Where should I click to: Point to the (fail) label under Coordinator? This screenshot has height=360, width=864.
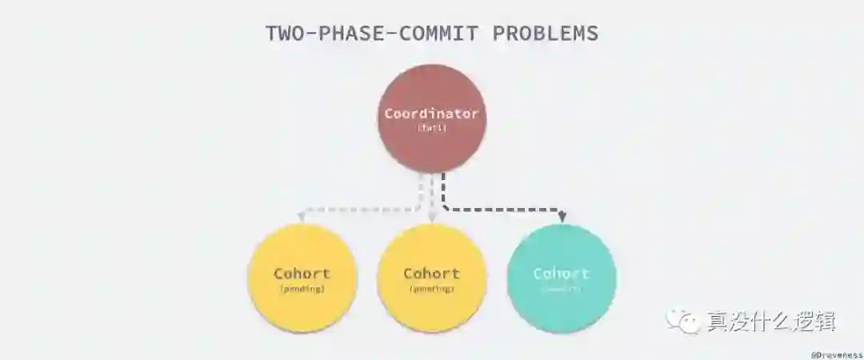click(431, 128)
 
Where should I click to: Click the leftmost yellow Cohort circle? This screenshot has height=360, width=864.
click(302, 278)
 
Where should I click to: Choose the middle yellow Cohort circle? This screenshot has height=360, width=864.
click(431, 278)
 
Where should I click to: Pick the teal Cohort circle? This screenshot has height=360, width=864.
click(561, 278)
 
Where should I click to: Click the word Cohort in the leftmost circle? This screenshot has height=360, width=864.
click(302, 273)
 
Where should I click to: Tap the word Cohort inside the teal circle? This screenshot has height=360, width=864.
click(561, 273)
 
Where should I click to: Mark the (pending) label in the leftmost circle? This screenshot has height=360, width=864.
click(302, 289)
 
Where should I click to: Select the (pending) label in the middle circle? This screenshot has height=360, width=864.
click(431, 289)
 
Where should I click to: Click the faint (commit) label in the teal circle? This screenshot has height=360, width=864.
click(561, 289)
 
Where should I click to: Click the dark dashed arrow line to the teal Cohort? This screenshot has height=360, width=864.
click(504, 210)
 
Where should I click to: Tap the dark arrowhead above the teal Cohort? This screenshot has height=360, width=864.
click(562, 217)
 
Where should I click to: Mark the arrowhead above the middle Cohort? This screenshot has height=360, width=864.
click(432, 217)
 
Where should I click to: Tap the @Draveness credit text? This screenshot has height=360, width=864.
click(836, 352)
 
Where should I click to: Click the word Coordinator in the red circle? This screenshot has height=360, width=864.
click(431, 114)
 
